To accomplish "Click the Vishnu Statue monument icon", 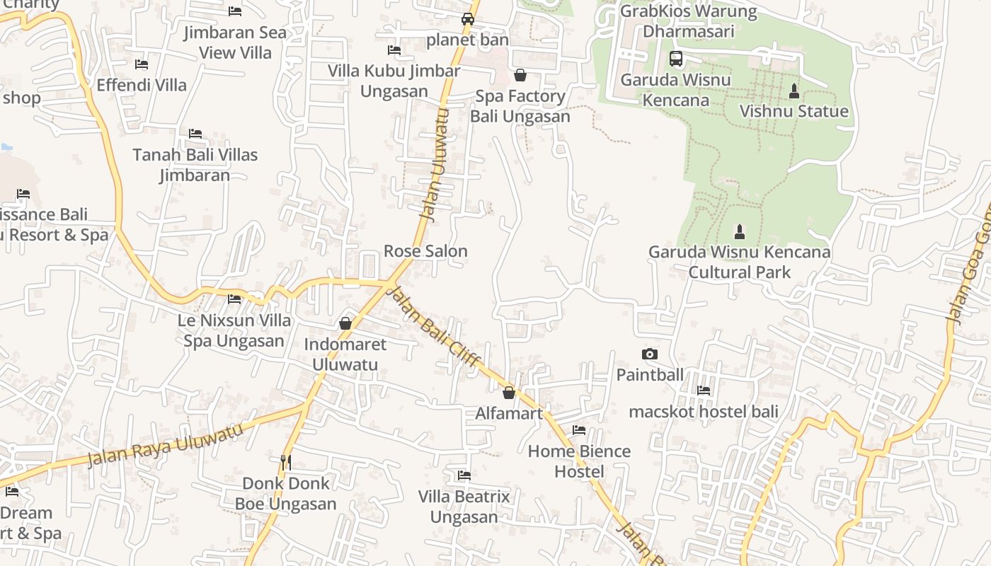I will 794,91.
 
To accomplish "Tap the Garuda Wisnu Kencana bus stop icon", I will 676,59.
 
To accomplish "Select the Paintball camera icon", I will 649,354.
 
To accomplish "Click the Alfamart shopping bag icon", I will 508,393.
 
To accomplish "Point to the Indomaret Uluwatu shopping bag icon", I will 345,323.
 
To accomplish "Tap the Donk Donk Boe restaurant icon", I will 286,463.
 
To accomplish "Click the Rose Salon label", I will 425,251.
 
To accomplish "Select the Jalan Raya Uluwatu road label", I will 164,444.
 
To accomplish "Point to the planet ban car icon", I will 468,19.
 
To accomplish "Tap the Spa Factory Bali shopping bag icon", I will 520,75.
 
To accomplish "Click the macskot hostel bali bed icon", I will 704,390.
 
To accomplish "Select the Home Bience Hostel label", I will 579,461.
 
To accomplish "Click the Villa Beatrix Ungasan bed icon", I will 464,475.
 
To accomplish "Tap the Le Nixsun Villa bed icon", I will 234,299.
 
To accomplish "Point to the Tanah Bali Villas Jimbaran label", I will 195,165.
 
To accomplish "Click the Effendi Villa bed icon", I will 142,64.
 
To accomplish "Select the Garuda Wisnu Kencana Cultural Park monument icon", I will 740,231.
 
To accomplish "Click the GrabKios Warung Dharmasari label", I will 688,21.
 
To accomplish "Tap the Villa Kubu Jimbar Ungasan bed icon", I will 394,50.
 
